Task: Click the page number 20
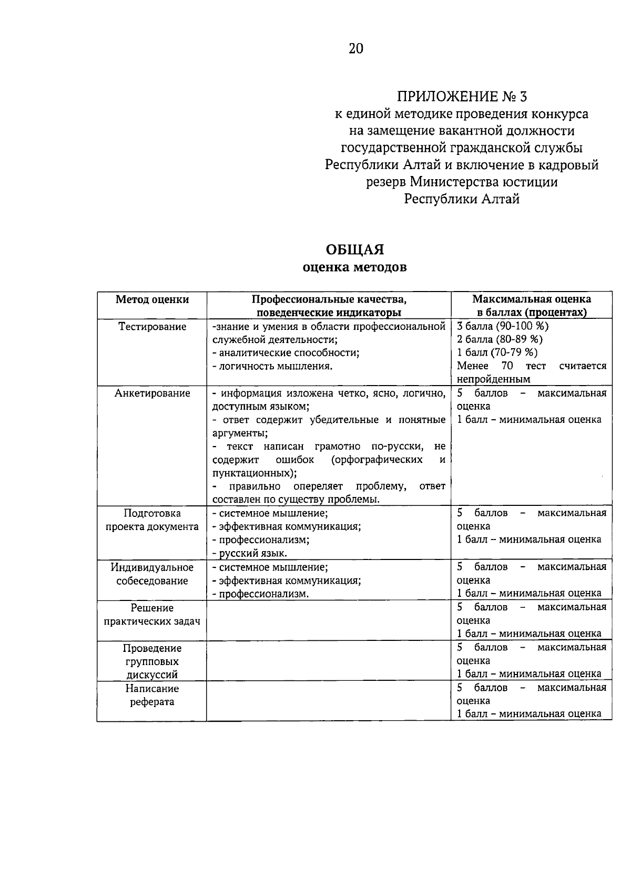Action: click(x=355, y=49)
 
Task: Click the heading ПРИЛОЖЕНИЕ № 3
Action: click(x=461, y=97)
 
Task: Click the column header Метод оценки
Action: click(x=152, y=299)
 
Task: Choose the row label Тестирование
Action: click(x=152, y=327)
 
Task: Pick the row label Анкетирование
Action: click(x=152, y=393)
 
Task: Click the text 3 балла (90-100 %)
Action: click(x=503, y=326)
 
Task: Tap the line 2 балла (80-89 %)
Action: click(x=500, y=339)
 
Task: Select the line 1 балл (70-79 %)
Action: click(x=497, y=352)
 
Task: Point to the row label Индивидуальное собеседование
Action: click(x=152, y=574)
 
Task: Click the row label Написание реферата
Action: click(x=152, y=695)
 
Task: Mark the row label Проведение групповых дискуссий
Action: click(x=152, y=661)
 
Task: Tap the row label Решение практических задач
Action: click(x=152, y=615)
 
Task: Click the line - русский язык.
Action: click(x=250, y=553)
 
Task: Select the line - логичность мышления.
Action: click(x=272, y=366)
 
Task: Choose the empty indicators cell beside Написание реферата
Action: click(x=329, y=701)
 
